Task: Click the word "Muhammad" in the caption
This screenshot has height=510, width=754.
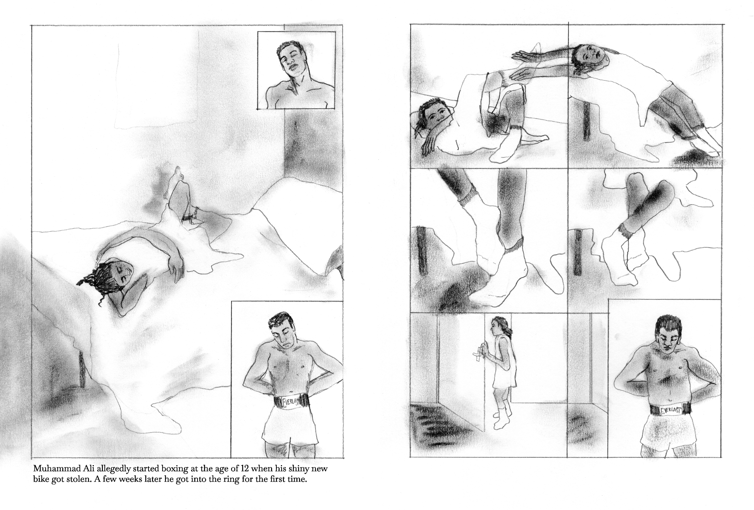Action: (50, 469)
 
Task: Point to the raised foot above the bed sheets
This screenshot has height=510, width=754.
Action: (176, 177)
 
